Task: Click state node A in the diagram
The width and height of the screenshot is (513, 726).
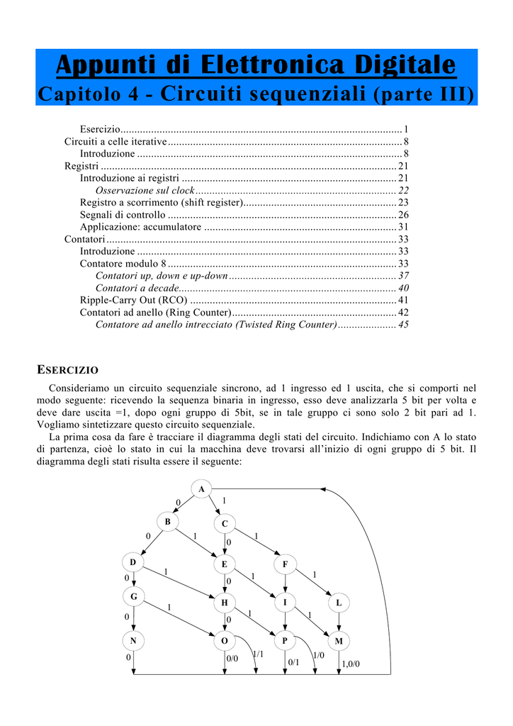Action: pos(202,489)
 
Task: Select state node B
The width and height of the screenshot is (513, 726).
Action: pos(168,522)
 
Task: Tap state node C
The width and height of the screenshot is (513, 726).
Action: pos(225,524)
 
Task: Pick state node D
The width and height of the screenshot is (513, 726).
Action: pos(133,562)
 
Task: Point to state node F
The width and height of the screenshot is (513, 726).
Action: pos(285,564)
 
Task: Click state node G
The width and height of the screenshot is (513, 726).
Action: pos(133,597)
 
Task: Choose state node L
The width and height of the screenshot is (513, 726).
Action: pos(339,603)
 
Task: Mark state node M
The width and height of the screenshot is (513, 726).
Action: pos(339,641)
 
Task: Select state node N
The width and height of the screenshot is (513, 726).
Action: pos(133,641)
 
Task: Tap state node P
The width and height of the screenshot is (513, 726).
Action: pos(285,641)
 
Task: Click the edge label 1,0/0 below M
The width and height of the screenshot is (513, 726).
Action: pos(351,664)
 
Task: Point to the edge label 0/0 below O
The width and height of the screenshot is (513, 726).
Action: pos(232,659)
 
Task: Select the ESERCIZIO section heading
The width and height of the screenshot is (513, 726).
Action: pos(67,370)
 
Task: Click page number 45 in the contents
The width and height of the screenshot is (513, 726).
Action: pos(403,324)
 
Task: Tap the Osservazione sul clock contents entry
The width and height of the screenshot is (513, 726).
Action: pos(145,190)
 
